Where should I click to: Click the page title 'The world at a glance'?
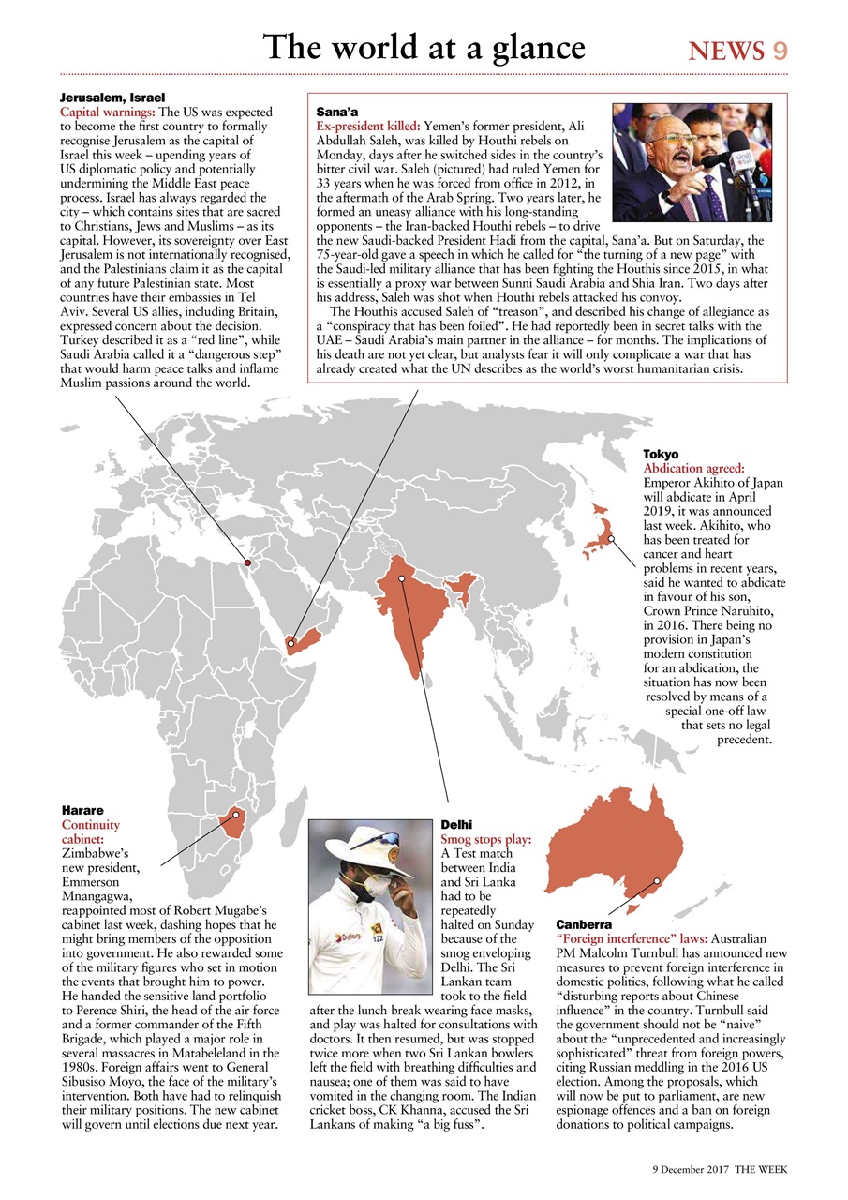424,47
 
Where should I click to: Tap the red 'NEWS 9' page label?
737,51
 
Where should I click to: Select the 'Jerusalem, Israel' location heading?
112,97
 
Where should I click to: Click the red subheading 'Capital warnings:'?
108,112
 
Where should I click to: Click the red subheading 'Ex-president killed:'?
368,125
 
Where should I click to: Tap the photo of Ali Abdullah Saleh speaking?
692,161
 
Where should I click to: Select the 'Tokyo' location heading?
661,454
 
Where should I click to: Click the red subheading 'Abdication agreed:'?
693,468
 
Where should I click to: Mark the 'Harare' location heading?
82,809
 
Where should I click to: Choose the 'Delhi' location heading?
456,825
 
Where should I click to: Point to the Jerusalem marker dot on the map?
247,562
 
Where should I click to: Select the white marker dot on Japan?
610,539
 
